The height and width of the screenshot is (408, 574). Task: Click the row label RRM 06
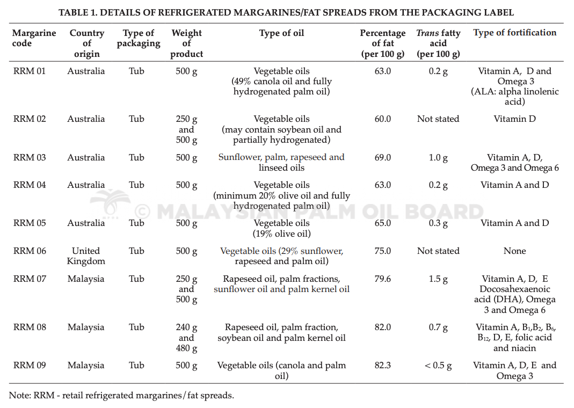coord(30,251)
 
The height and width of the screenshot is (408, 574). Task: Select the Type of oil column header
coord(281,33)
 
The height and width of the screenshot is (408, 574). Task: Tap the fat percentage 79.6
coord(382,279)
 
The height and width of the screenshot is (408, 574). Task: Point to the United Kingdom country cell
coord(86,256)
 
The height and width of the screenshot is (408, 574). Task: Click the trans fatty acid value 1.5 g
coord(438,279)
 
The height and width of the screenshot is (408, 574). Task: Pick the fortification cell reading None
coord(515,251)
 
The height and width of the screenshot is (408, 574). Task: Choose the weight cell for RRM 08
coord(186,338)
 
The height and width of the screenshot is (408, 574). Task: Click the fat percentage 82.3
coord(382,365)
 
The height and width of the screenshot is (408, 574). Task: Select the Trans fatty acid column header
coord(438,43)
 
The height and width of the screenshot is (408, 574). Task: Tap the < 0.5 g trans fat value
coord(438,366)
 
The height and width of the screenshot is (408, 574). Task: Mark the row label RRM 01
coord(30,71)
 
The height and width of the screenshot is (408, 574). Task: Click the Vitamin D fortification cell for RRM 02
coord(515,119)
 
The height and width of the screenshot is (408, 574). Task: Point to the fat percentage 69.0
coord(382,157)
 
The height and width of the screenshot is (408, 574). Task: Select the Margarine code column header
coord(34,38)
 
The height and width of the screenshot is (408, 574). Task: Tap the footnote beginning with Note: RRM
coord(121,396)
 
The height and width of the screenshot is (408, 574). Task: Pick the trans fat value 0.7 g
coord(438,327)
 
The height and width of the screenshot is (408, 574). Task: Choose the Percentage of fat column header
coord(382,43)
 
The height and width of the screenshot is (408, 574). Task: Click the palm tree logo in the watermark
coord(110,203)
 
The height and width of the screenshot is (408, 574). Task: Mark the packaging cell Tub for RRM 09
coord(136,365)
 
